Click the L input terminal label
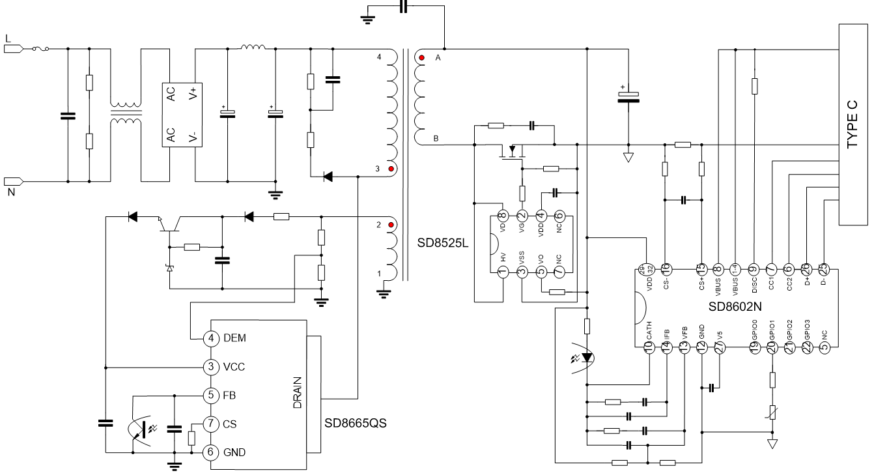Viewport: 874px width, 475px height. point(8,38)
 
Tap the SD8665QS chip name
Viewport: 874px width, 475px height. point(356,423)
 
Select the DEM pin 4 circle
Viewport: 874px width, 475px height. point(211,338)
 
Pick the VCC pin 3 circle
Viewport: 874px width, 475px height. point(211,367)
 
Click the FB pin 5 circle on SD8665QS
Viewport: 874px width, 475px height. point(211,395)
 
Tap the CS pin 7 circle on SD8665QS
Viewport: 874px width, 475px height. point(211,424)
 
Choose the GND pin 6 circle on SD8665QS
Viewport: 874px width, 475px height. point(211,452)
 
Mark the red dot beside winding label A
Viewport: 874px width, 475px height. point(421,58)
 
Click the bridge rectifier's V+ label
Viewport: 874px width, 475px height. point(193,94)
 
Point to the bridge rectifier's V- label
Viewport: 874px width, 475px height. point(193,136)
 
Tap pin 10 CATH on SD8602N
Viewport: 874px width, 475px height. point(649,348)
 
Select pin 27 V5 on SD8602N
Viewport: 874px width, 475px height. point(720,348)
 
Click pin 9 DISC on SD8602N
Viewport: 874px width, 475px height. point(754,269)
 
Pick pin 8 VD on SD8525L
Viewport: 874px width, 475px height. point(502,216)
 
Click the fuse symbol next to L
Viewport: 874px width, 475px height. point(38,48)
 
